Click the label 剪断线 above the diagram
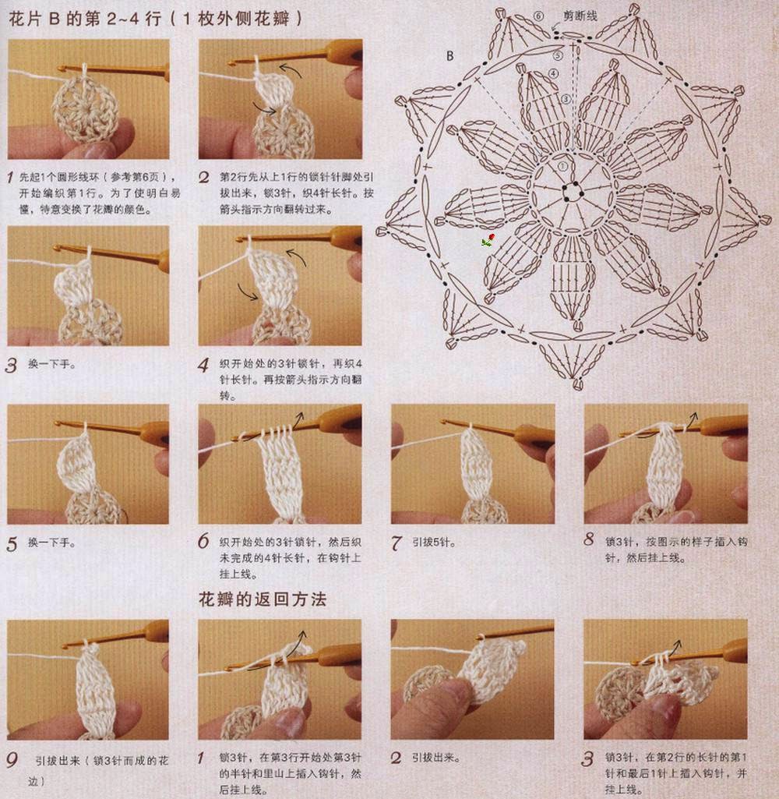(580, 15)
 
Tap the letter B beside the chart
(450, 56)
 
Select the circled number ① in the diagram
(562, 166)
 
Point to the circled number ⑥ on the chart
(538, 16)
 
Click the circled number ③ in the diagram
(566, 98)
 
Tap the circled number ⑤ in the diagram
(558, 55)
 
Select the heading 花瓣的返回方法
(263, 599)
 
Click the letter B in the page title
(55, 19)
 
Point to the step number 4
(203, 365)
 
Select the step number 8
(589, 539)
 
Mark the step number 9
(12, 760)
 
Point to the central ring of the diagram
(573, 189)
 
